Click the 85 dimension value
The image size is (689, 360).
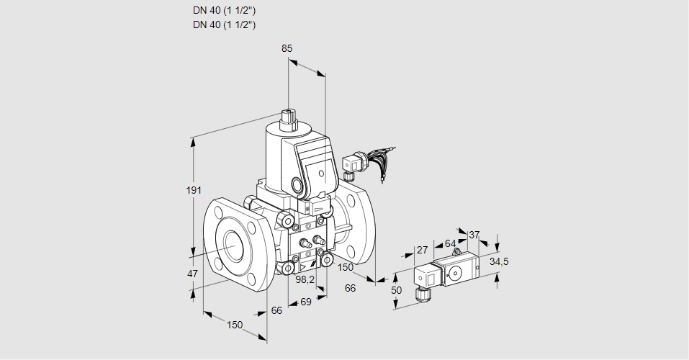tap(287, 49)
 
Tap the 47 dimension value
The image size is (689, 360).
tap(192, 274)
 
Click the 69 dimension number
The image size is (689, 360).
tap(305, 302)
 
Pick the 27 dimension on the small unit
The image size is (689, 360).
tap(423, 251)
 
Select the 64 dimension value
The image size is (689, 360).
tap(450, 243)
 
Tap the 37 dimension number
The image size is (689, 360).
tap(474, 235)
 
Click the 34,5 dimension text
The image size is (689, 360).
tap(499, 261)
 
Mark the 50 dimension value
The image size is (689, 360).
tap(395, 289)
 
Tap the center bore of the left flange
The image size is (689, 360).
tap(232, 246)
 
